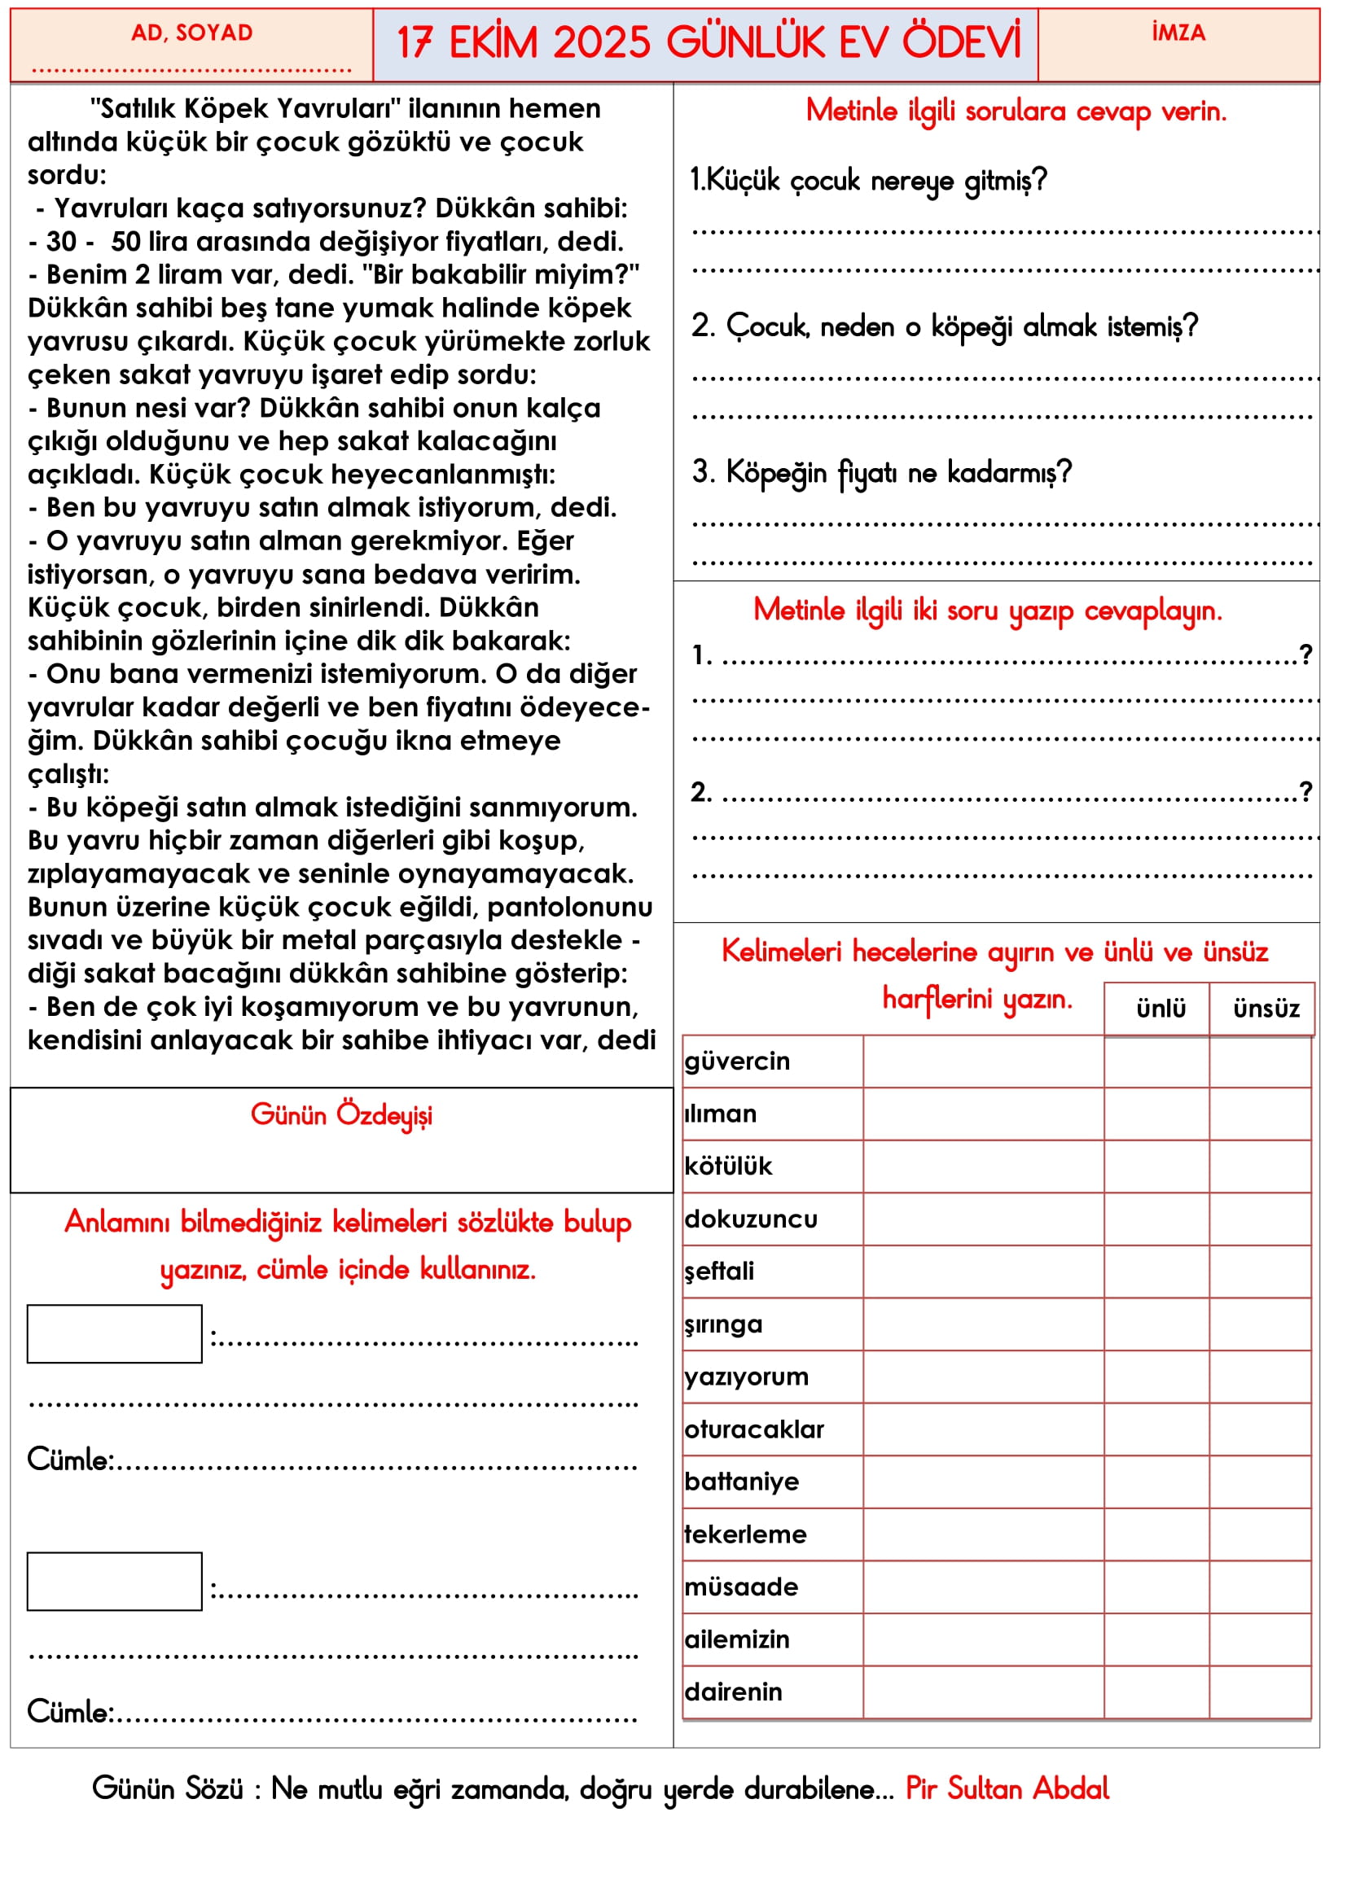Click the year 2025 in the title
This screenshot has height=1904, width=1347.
(x=600, y=42)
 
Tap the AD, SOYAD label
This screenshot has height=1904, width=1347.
(x=191, y=33)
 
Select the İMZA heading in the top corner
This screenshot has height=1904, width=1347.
(x=1178, y=33)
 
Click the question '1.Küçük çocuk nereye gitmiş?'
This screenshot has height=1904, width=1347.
(x=868, y=181)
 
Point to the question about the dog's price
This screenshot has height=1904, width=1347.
(x=882, y=473)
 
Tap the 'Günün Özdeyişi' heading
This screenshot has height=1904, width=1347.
(x=342, y=1114)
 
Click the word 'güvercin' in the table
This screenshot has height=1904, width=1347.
(x=737, y=1061)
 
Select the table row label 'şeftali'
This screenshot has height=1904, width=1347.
(x=720, y=1272)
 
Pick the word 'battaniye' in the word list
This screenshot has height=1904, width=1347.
(x=742, y=1481)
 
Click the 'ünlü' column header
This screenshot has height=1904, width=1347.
(x=1161, y=1009)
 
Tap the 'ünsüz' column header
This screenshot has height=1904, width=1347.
(x=1266, y=1009)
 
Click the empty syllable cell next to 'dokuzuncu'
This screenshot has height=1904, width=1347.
(x=983, y=1219)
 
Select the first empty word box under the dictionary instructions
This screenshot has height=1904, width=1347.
(x=115, y=1333)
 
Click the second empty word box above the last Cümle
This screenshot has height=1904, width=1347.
(x=115, y=1581)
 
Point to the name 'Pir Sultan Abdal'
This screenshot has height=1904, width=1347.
(x=1007, y=1788)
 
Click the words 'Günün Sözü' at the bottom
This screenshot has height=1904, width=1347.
(x=168, y=1788)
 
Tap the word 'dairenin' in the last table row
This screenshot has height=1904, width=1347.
(x=733, y=1692)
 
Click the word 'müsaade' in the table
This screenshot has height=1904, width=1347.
(x=742, y=1587)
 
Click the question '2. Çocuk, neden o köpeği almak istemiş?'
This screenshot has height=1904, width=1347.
(x=945, y=326)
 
